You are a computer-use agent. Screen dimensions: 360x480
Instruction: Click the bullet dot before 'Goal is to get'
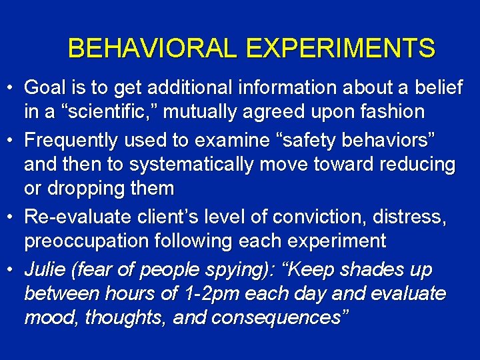(11, 88)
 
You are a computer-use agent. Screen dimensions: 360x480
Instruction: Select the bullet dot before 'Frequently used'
(11, 141)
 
